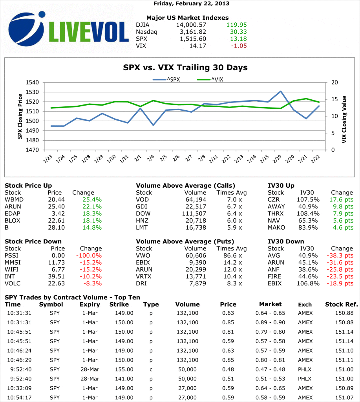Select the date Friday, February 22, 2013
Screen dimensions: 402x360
coord(191,4)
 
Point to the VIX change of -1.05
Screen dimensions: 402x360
coord(239,46)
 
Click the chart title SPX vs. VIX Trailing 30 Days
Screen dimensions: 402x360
coord(185,68)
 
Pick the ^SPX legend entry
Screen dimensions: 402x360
coord(166,80)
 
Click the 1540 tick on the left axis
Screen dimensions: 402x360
coord(33,82)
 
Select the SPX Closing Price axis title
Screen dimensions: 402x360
coord(20,116)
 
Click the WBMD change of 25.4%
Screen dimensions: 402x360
coord(92,199)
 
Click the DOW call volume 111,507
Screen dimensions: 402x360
coord(194,214)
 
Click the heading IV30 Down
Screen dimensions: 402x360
coord(286,241)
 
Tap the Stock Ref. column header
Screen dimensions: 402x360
coord(341,304)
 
